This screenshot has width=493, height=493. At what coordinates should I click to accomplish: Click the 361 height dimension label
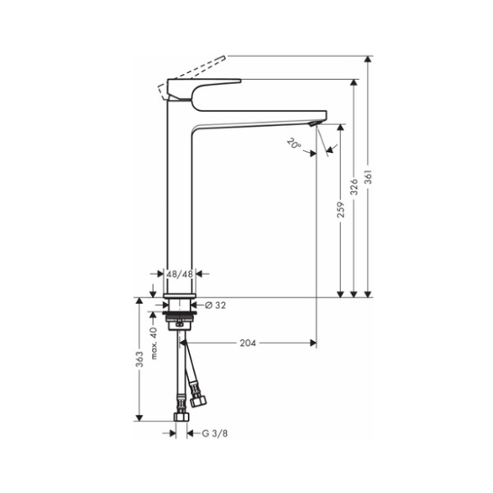(369, 177)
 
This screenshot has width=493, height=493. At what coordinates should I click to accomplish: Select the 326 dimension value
(354, 187)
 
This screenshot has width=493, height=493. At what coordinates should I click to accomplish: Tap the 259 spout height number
(341, 210)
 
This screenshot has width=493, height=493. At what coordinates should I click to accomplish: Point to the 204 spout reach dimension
(248, 343)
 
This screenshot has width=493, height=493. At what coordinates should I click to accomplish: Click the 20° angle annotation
(294, 144)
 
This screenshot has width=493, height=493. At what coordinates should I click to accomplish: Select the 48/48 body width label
(180, 274)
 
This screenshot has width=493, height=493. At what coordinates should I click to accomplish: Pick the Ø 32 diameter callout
(215, 306)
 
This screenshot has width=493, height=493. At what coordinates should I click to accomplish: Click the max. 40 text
(154, 344)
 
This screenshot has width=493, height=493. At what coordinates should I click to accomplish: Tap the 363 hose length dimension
(139, 359)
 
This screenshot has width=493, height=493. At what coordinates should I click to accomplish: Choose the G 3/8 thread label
(215, 433)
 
